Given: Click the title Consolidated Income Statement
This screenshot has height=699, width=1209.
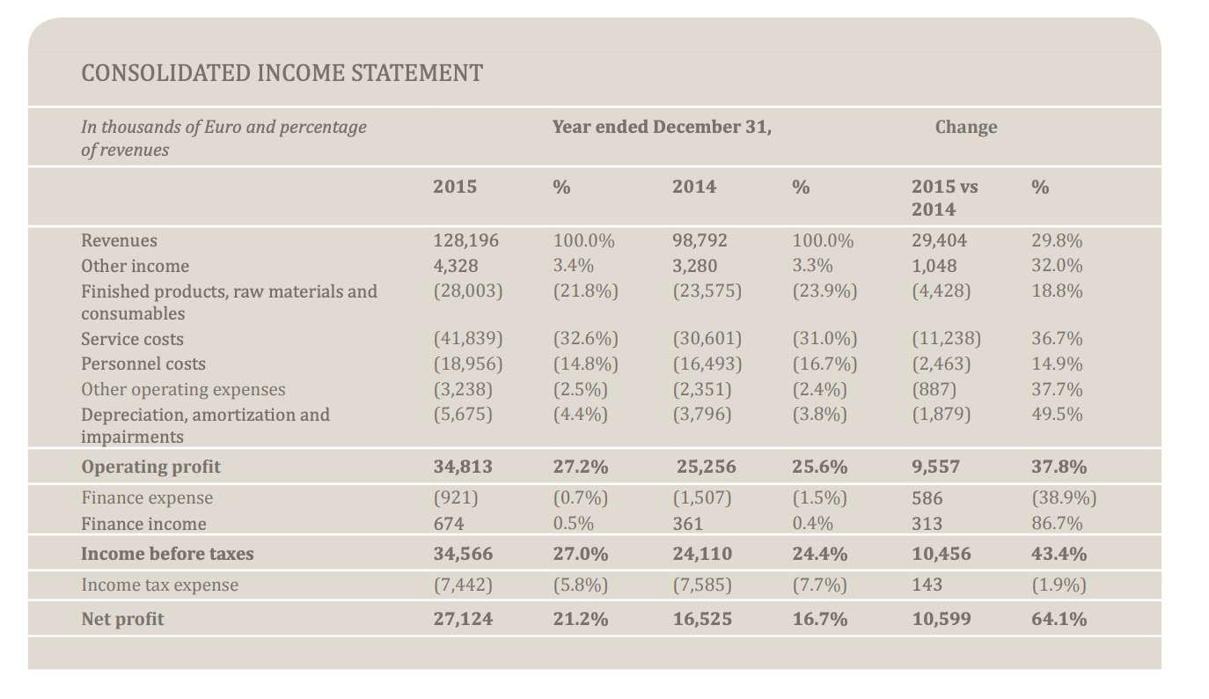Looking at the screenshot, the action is point(282,73).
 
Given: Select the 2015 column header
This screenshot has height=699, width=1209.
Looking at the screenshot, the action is point(455,187).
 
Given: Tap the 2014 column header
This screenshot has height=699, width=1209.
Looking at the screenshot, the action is point(694,187).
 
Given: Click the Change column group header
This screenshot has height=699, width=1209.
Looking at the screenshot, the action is point(965,127).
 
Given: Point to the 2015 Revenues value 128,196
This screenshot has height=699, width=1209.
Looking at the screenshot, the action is point(465,240).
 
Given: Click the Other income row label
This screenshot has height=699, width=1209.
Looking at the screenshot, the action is point(135,266).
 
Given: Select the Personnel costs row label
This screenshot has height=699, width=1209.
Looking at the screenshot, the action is point(143,364).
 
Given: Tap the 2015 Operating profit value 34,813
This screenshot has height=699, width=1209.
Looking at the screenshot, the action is point(463,467).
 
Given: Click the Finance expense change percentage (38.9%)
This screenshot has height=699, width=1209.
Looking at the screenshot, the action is point(1064,497).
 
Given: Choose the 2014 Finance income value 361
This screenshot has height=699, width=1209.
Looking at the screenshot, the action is point(687,524).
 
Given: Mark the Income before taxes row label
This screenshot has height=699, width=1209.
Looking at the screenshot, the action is point(167,554).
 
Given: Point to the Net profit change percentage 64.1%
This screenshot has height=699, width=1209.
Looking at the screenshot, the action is point(1059,619).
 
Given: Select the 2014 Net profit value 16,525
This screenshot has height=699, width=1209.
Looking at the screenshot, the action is point(702,619).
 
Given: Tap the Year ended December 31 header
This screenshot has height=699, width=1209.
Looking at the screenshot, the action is point(662,127).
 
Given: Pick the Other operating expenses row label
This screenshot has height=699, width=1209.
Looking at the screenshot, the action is point(183,389).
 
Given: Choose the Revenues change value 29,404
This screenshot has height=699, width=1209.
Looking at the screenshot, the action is point(939,240).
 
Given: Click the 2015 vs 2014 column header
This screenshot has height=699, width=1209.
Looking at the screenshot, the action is point(944,198).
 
